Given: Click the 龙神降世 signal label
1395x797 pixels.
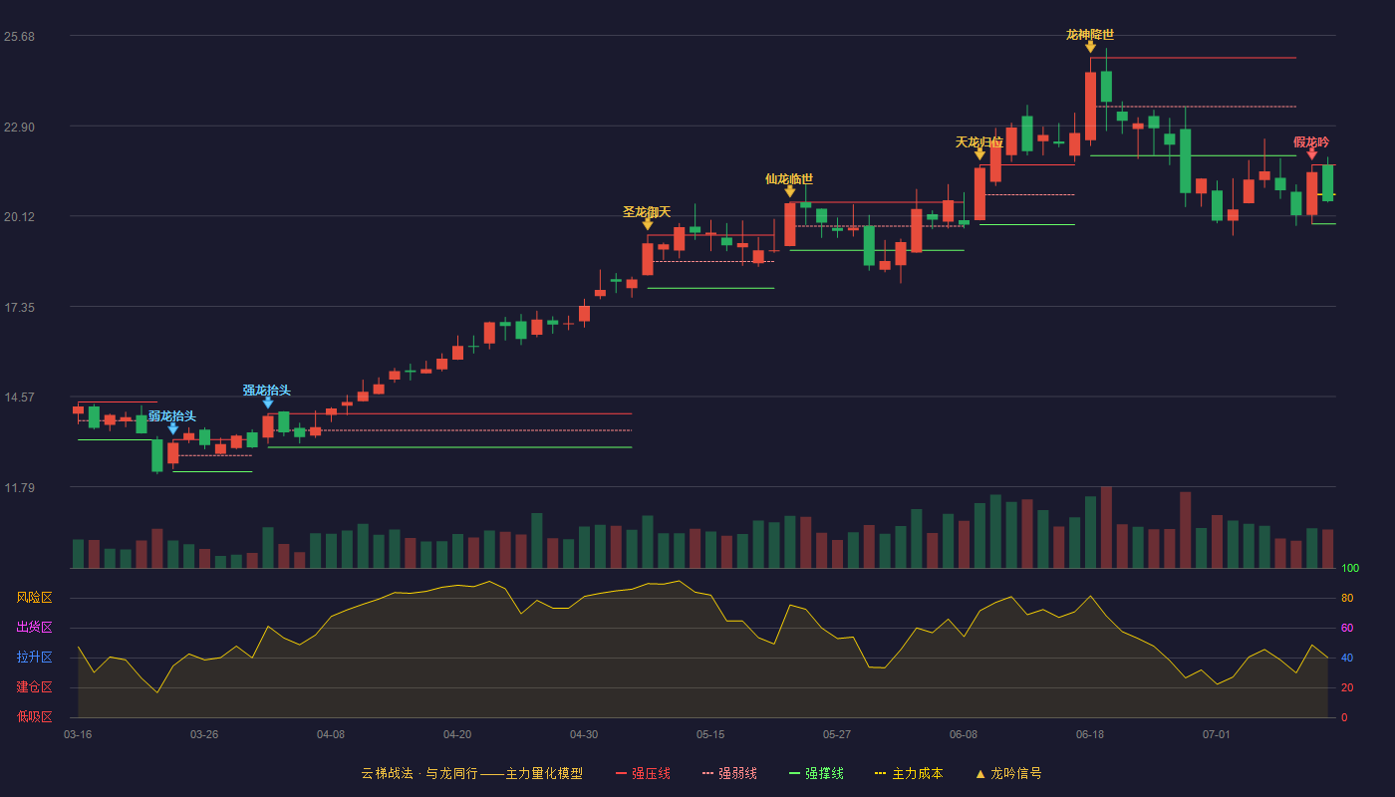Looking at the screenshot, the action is point(1090,35).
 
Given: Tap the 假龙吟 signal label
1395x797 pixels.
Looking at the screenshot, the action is point(1311,141).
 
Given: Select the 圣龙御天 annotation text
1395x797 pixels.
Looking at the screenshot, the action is point(647,211).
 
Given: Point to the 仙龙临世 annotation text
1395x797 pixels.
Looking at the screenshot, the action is point(789,179).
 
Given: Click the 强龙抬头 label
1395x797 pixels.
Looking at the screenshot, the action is point(267,391).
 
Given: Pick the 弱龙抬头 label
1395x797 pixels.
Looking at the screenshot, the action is point(171,416).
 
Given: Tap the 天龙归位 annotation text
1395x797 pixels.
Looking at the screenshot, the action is point(978,142).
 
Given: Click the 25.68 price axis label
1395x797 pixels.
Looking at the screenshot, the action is point(19,37).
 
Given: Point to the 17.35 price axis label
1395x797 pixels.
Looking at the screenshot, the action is point(19,308).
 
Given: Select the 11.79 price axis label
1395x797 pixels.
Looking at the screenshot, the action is point(19,487).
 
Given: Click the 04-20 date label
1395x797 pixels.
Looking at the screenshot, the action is point(457,735).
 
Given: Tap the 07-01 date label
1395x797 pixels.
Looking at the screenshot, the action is point(1217,735).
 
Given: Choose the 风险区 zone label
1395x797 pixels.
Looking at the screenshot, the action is point(34,598).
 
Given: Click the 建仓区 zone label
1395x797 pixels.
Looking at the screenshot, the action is point(34,687).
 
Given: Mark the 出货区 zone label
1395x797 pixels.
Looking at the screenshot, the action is point(34,627).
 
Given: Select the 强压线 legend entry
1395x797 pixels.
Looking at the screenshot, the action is point(643,773).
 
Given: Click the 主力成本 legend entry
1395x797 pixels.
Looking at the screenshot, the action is point(909,773).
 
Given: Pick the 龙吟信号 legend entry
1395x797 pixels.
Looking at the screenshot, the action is point(1008,773).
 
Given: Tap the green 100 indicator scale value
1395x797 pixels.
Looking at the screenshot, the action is point(1350,568).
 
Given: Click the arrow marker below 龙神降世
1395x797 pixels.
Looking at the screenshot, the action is point(1090,48).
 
